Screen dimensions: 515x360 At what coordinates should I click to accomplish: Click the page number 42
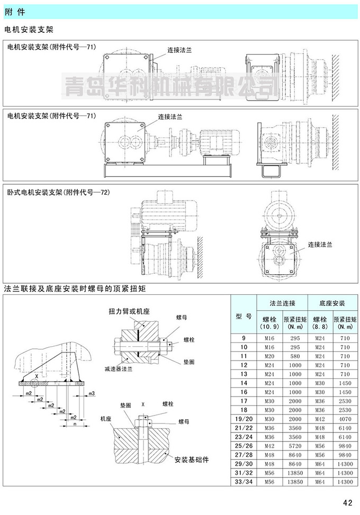(347, 502)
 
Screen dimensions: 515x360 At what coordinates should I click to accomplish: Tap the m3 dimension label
(92, 393)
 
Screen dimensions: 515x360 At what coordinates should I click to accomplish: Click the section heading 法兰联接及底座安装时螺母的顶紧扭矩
(74, 289)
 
